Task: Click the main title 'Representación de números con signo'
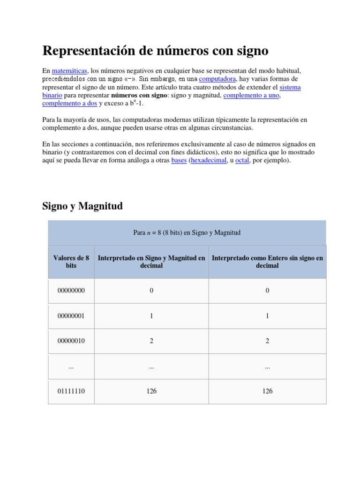tap(155, 50)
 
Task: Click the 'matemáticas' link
tap(69, 70)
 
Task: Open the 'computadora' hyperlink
tap(217, 79)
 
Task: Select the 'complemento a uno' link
tap(252, 95)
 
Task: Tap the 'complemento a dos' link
tap(70, 104)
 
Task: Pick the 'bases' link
tap(179, 160)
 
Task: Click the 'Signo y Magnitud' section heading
tap(82, 206)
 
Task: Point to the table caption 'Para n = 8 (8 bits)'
tap(187, 232)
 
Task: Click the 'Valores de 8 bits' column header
tap(71, 262)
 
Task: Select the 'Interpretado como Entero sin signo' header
tap(267, 262)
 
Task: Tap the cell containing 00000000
tap(71, 291)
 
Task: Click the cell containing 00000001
tap(71, 316)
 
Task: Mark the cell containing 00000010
tap(71, 341)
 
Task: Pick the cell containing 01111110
tap(71, 391)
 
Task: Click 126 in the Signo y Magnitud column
tap(151, 391)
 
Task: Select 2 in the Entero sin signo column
tap(267, 341)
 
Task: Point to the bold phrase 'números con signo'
tap(139, 95)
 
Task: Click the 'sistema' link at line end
tap(290, 87)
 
